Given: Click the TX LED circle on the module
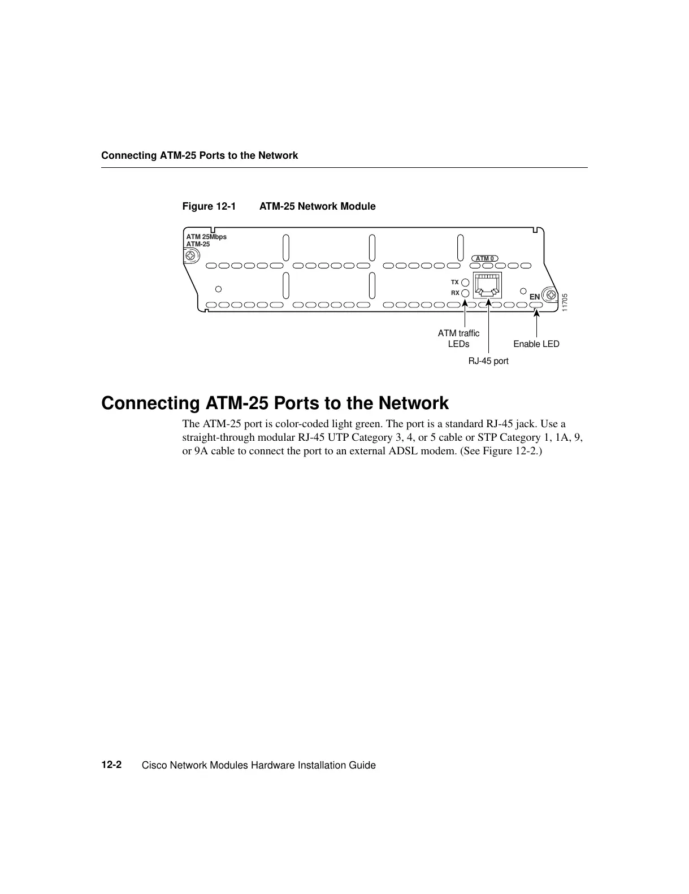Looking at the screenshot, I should pos(465,282).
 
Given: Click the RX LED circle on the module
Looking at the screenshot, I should pos(465,293).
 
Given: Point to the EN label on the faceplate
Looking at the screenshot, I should pos(534,297).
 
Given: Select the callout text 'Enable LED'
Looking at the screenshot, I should pos(536,344).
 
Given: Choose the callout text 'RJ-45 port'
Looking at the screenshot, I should pos(488,361).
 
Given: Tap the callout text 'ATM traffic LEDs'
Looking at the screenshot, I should pos(458,338).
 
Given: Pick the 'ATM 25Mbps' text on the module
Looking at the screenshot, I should pos(206,237).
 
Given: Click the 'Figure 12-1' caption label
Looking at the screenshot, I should pos(209,206).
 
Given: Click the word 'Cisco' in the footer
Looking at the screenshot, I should pos(154,765).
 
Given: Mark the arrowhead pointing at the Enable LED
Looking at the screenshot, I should pos(536,311).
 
